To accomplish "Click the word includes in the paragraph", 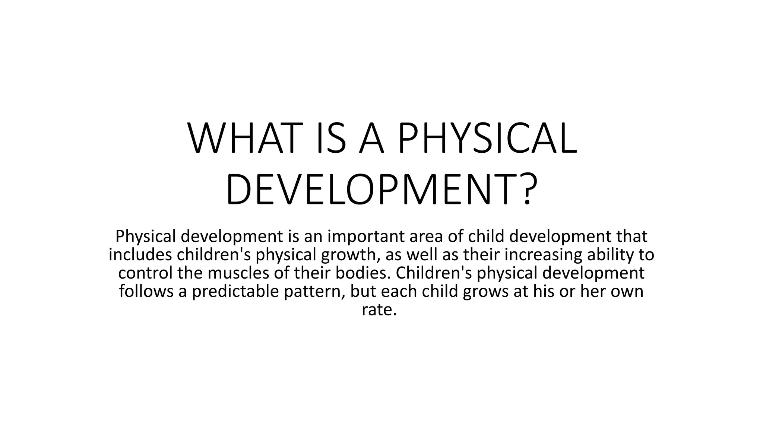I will point(140,255).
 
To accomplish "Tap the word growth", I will point(353,255).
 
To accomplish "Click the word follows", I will point(146,291).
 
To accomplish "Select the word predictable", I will point(235,291).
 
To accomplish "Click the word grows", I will point(486,291).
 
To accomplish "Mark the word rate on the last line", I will point(379,309).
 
